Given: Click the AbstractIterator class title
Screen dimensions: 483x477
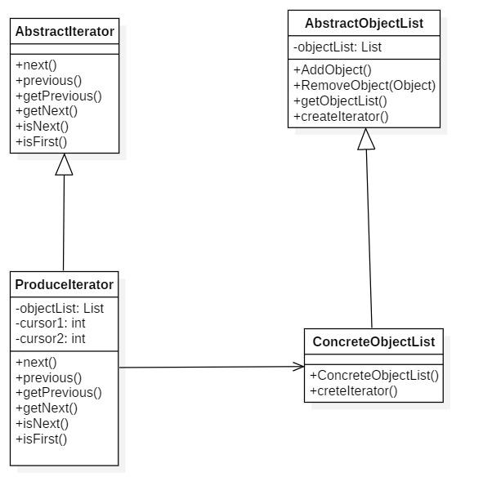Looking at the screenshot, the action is [x=65, y=31].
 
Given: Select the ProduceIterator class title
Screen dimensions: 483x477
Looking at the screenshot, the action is [x=65, y=284].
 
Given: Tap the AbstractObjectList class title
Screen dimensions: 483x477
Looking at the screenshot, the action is [x=364, y=24].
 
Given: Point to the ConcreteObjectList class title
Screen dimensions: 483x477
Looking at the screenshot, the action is [x=373, y=341].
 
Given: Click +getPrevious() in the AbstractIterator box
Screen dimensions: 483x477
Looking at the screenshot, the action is [x=59, y=96].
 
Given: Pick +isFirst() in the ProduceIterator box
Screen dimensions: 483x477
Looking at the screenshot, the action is [x=42, y=439].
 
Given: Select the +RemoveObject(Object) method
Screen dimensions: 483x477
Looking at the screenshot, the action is [x=364, y=85].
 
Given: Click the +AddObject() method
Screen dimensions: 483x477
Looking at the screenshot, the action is [x=333, y=70].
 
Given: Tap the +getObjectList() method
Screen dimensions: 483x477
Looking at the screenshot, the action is [x=340, y=101].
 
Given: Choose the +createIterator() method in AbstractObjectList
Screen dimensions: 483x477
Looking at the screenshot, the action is [x=341, y=117].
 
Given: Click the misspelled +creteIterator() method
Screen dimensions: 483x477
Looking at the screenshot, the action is [x=354, y=390].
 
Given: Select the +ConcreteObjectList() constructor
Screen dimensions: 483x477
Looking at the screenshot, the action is [x=374, y=376].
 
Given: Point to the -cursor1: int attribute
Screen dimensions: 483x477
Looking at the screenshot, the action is [x=51, y=323].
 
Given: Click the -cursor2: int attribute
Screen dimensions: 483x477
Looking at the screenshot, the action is [x=51, y=339].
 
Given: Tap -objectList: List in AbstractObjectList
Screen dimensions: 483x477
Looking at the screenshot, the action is [x=338, y=47].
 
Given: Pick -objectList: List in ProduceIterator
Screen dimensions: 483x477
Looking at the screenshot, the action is [x=60, y=308].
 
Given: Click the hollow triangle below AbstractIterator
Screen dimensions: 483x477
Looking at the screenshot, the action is [x=64, y=165].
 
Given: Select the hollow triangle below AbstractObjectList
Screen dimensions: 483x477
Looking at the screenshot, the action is [x=366, y=139].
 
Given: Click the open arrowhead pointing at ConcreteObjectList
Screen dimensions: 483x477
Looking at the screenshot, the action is [x=298, y=367].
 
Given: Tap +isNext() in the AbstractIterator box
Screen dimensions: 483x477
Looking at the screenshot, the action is [x=42, y=127].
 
